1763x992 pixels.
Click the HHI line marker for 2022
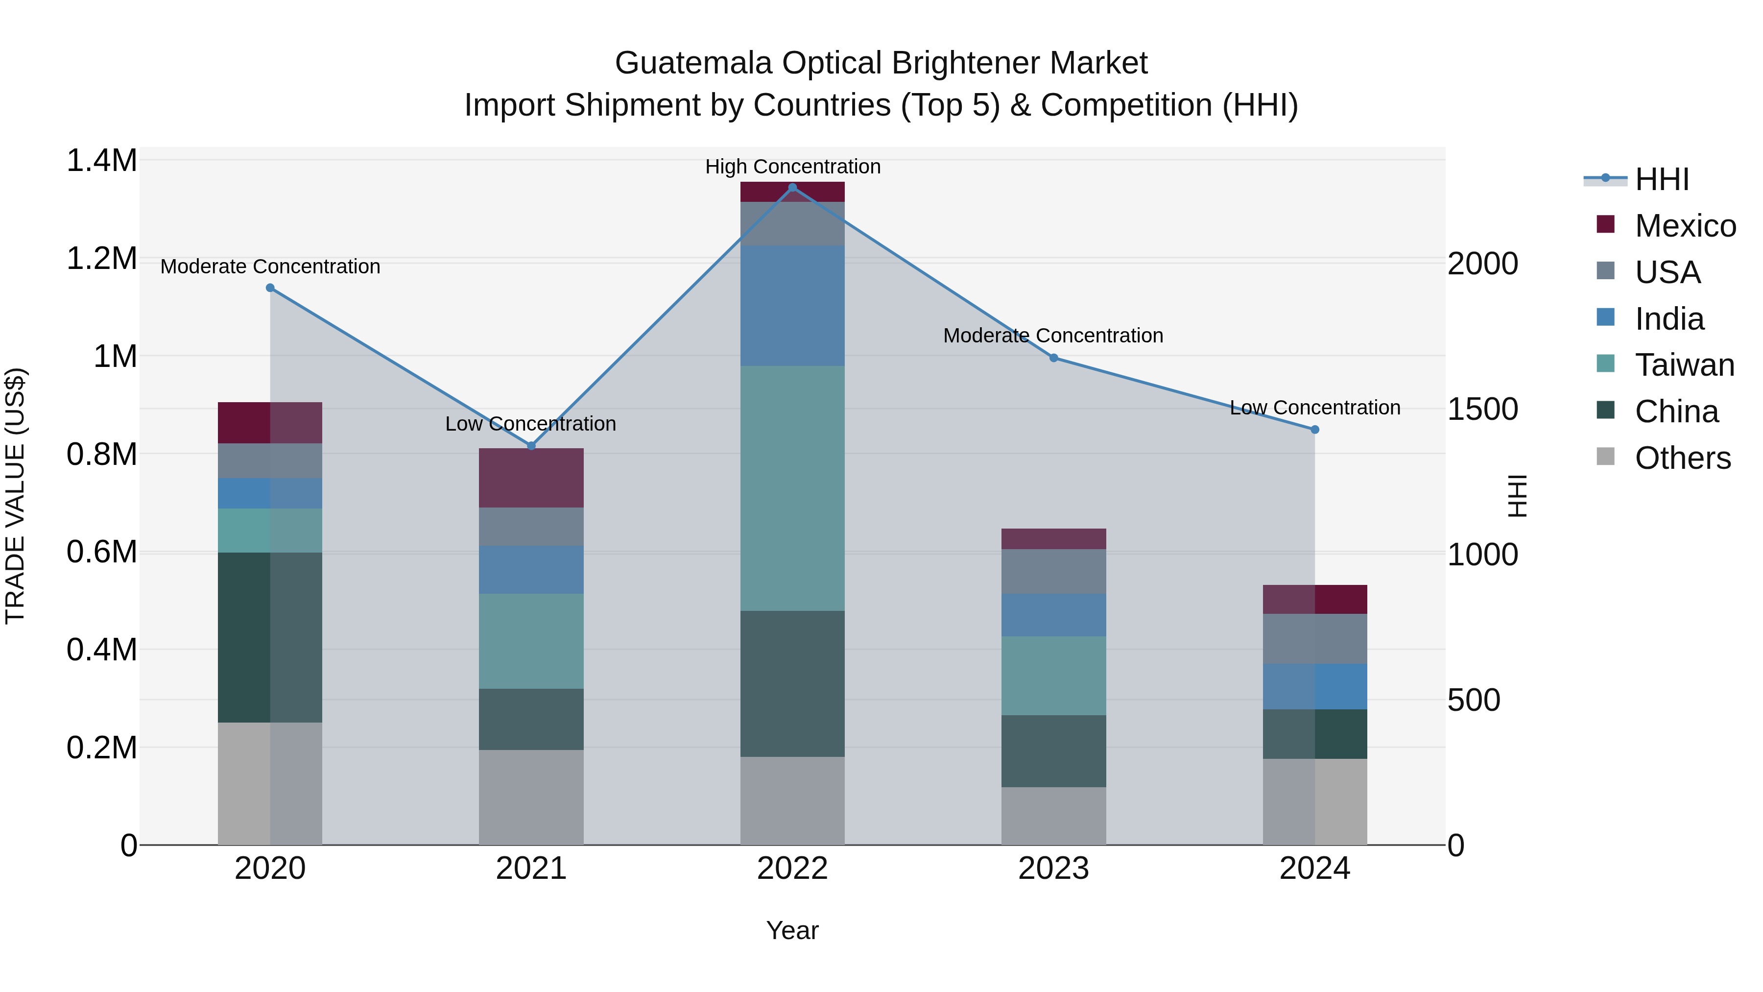tap(792, 188)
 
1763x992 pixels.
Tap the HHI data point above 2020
tap(270, 288)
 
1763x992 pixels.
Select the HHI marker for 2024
tap(1315, 430)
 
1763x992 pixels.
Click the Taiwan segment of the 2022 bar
tap(792, 488)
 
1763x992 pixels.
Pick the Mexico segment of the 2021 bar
tap(531, 478)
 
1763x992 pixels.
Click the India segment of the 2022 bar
tap(792, 306)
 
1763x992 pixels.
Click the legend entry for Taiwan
tap(1684, 365)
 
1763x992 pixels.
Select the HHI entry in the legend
tap(1662, 179)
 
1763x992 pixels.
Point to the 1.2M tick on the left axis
tap(101, 259)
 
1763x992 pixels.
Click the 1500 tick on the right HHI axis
tap(1482, 410)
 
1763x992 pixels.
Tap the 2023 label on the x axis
tap(1053, 869)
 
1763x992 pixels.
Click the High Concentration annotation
tap(792, 167)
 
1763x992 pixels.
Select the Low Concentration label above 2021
tap(530, 424)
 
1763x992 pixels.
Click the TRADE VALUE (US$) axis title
tap(15, 496)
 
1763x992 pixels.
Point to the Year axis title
tap(792, 930)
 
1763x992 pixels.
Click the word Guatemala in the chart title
tap(694, 63)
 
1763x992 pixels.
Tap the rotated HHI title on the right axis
tap(1518, 496)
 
